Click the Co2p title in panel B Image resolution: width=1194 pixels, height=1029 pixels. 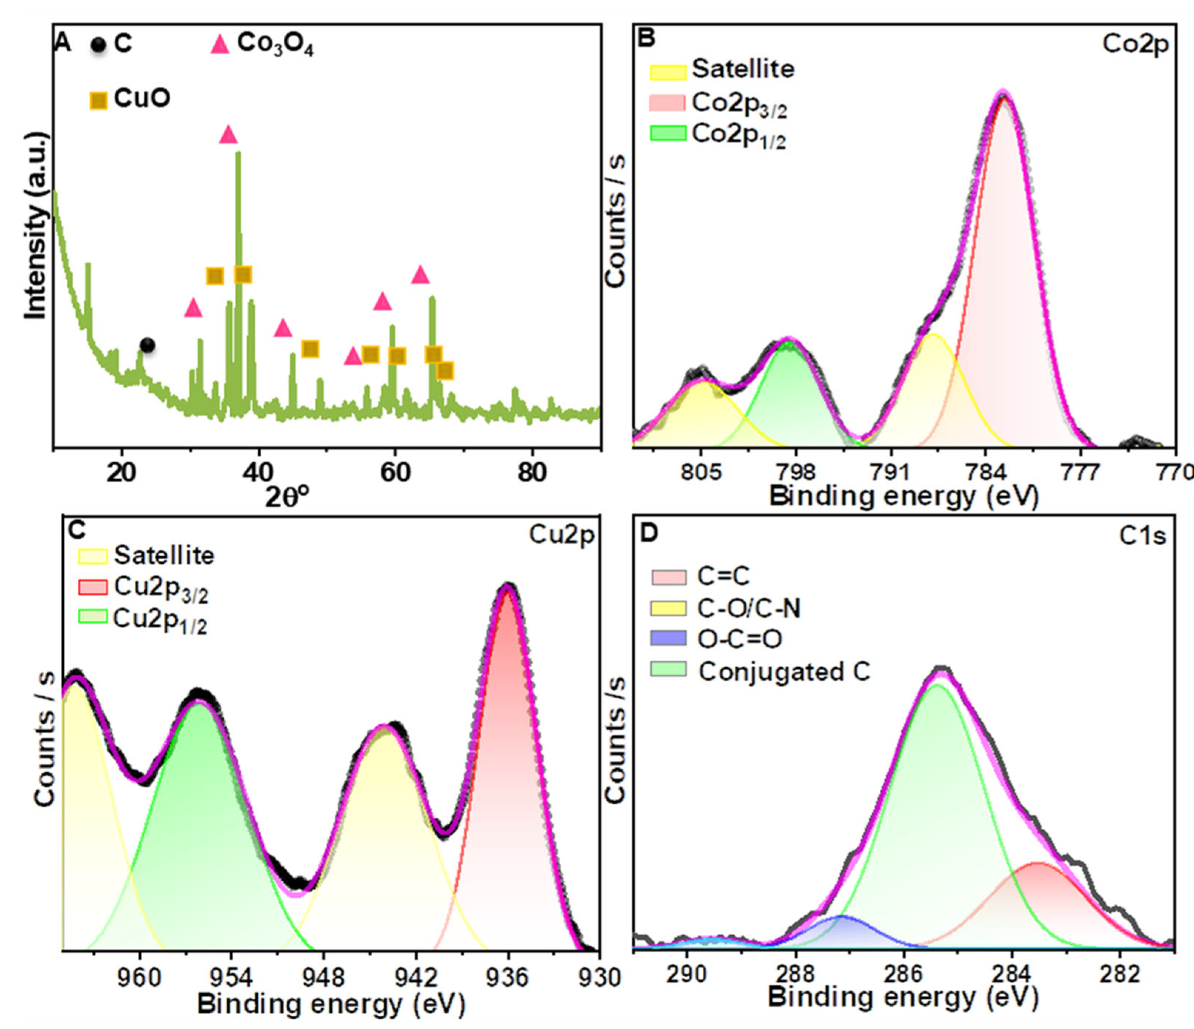click(1135, 44)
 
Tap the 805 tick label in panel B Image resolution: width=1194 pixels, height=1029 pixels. click(700, 472)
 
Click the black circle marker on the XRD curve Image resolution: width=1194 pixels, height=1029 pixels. click(147, 345)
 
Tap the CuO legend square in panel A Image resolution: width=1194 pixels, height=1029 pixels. click(98, 101)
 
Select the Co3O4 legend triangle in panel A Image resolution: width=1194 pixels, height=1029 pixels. click(220, 45)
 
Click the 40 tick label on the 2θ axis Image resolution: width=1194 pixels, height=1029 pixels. click(258, 472)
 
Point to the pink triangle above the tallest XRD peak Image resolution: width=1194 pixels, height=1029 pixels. click(228, 135)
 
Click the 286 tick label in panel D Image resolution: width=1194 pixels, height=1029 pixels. click(904, 974)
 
